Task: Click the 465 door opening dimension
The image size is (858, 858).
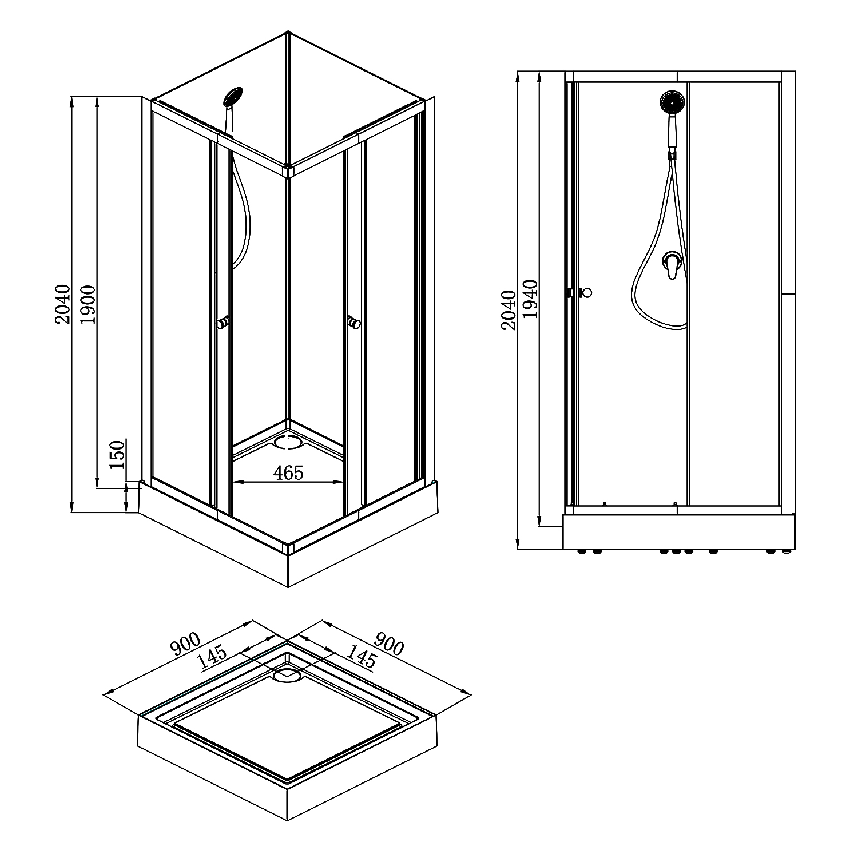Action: pyautogui.click(x=288, y=472)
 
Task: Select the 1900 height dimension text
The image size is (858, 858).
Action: pyautogui.click(x=88, y=303)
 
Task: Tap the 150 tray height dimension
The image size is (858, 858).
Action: pyautogui.click(x=117, y=455)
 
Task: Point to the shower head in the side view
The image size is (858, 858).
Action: pyautogui.click(x=672, y=103)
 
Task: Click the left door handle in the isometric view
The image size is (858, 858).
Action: pyautogui.click(x=223, y=323)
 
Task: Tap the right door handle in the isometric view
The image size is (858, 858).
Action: pyautogui.click(x=355, y=323)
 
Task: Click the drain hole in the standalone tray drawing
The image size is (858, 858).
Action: pyautogui.click(x=287, y=676)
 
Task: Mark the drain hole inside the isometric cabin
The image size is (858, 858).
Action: pyautogui.click(x=289, y=441)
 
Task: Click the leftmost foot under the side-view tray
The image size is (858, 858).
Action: pyautogui.click(x=582, y=552)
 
